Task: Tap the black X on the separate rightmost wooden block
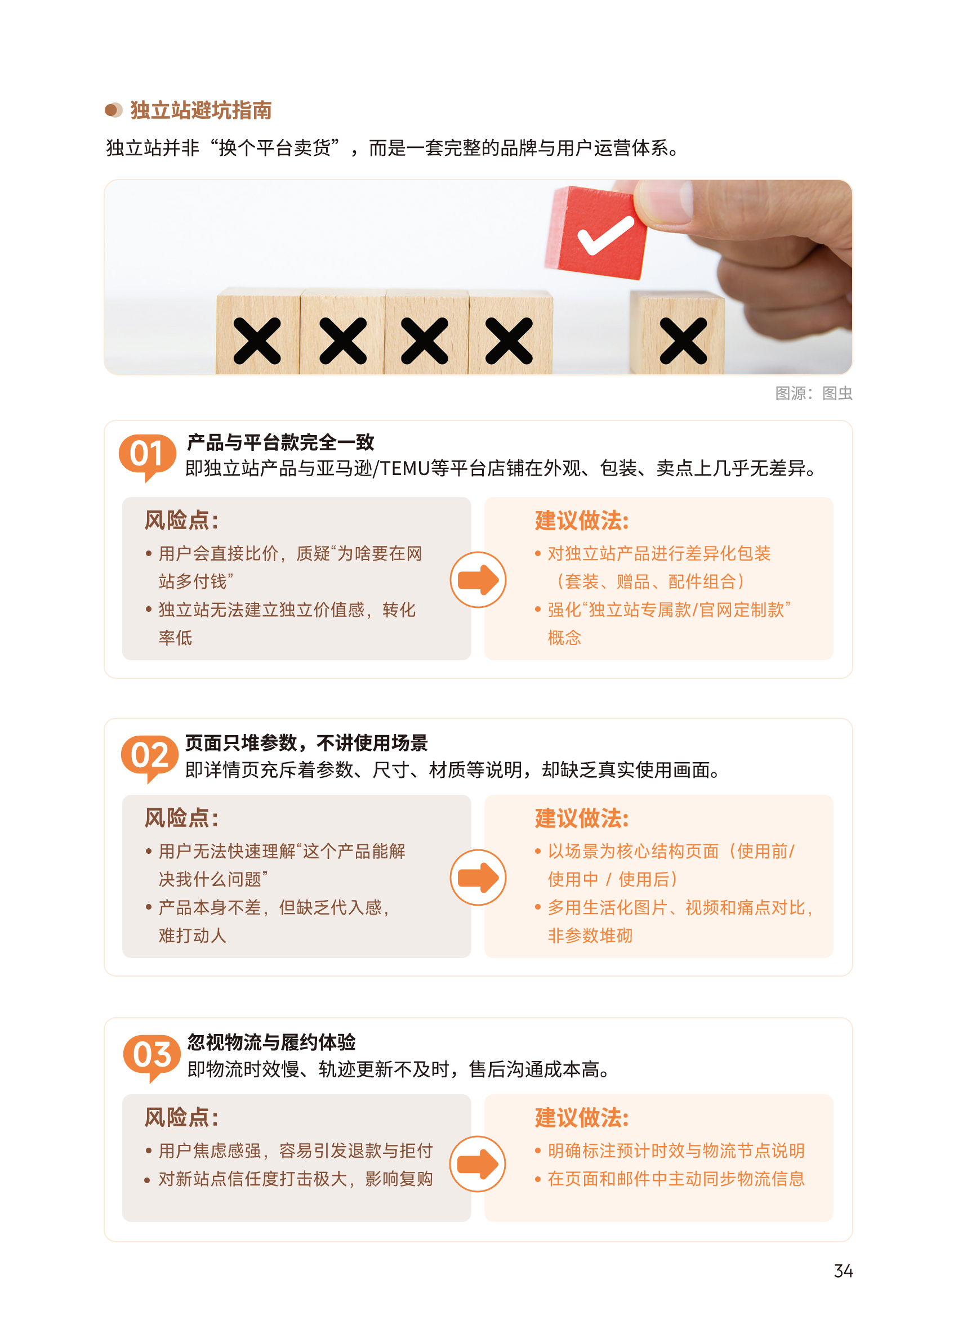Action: [x=683, y=340]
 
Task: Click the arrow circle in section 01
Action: [x=478, y=580]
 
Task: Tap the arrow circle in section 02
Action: [x=478, y=878]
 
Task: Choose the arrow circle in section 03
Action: [x=477, y=1164]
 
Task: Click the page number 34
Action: [x=843, y=1271]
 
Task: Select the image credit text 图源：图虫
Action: [x=813, y=393]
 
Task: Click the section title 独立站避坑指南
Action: [x=201, y=110]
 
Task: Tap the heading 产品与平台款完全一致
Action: [x=280, y=442]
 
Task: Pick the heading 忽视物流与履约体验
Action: [x=271, y=1042]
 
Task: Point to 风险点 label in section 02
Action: [x=181, y=818]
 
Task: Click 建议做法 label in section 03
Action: [x=582, y=1118]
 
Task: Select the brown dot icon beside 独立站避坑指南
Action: [x=113, y=110]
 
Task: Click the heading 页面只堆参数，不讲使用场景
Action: [x=306, y=743]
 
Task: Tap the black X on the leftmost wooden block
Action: [x=257, y=340]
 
